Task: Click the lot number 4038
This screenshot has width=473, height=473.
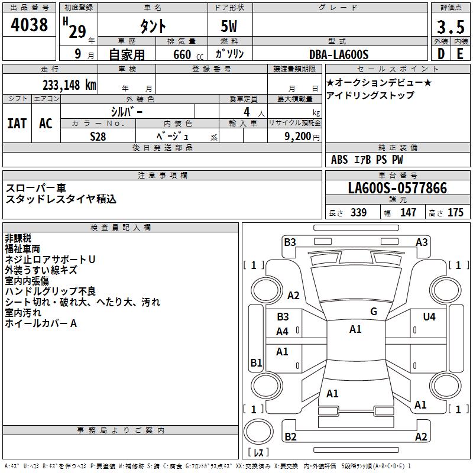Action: [x=29, y=25]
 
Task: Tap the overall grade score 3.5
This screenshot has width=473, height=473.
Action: [x=451, y=27]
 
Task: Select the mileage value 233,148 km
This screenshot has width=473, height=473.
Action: [x=69, y=85]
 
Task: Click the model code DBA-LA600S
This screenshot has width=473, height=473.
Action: [x=339, y=54]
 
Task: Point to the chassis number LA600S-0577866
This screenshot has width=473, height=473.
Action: [x=397, y=188]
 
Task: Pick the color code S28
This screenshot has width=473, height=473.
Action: [x=98, y=137]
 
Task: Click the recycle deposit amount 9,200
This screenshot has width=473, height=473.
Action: [x=297, y=137]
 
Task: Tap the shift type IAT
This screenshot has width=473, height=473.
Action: [x=17, y=124]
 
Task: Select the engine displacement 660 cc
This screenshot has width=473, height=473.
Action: [x=188, y=54]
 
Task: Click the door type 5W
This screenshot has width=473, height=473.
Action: [x=229, y=26]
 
